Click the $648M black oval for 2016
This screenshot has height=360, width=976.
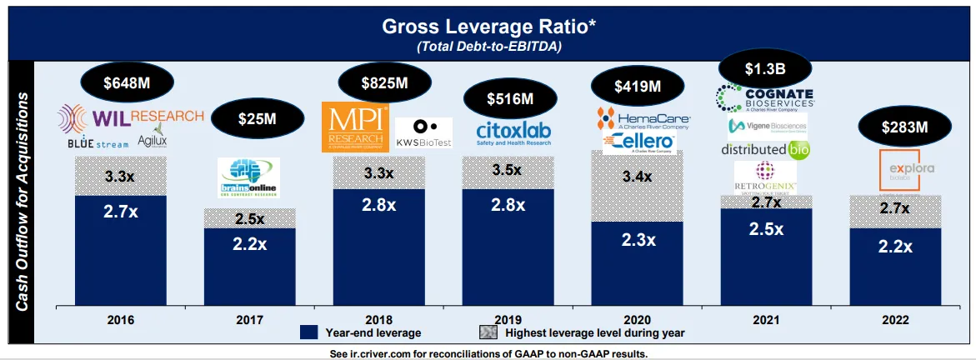128,82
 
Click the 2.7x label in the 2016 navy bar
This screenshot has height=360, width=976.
121,212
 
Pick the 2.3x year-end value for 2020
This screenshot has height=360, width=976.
638,240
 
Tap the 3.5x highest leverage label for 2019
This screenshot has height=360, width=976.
507,170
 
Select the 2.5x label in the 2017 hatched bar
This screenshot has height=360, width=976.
250,218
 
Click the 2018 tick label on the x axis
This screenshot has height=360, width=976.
379,320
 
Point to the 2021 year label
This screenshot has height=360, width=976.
767,320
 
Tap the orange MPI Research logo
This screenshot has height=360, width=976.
354,127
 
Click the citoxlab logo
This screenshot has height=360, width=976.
508,132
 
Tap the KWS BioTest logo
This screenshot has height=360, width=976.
423,133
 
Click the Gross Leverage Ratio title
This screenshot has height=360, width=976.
489,26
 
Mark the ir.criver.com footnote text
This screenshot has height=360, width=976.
488,353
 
